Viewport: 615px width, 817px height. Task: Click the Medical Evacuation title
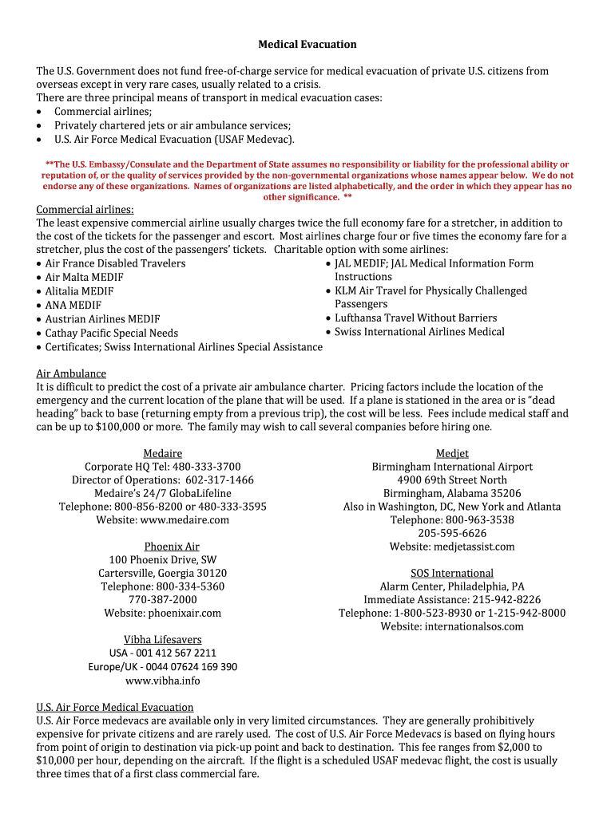(x=307, y=44)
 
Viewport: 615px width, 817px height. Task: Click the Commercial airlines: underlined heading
(x=85, y=209)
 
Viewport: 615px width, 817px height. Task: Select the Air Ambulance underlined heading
(x=71, y=373)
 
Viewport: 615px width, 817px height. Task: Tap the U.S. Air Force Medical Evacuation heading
(x=115, y=707)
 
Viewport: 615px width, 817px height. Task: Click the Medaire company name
(x=162, y=453)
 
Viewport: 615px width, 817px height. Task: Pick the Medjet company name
(x=452, y=453)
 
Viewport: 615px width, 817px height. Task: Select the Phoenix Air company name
(x=172, y=547)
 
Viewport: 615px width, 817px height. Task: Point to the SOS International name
(x=452, y=573)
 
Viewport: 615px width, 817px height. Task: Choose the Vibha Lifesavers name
(x=162, y=640)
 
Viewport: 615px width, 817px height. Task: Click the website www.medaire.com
(x=184, y=519)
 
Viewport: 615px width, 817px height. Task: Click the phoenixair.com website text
(x=184, y=613)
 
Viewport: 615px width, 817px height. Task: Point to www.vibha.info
(x=162, y=681)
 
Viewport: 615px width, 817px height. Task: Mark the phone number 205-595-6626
(x=452, y=533)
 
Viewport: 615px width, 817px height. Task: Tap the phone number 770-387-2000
(x=162, y=599)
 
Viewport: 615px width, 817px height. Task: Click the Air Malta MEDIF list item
(x=84, y=277)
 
